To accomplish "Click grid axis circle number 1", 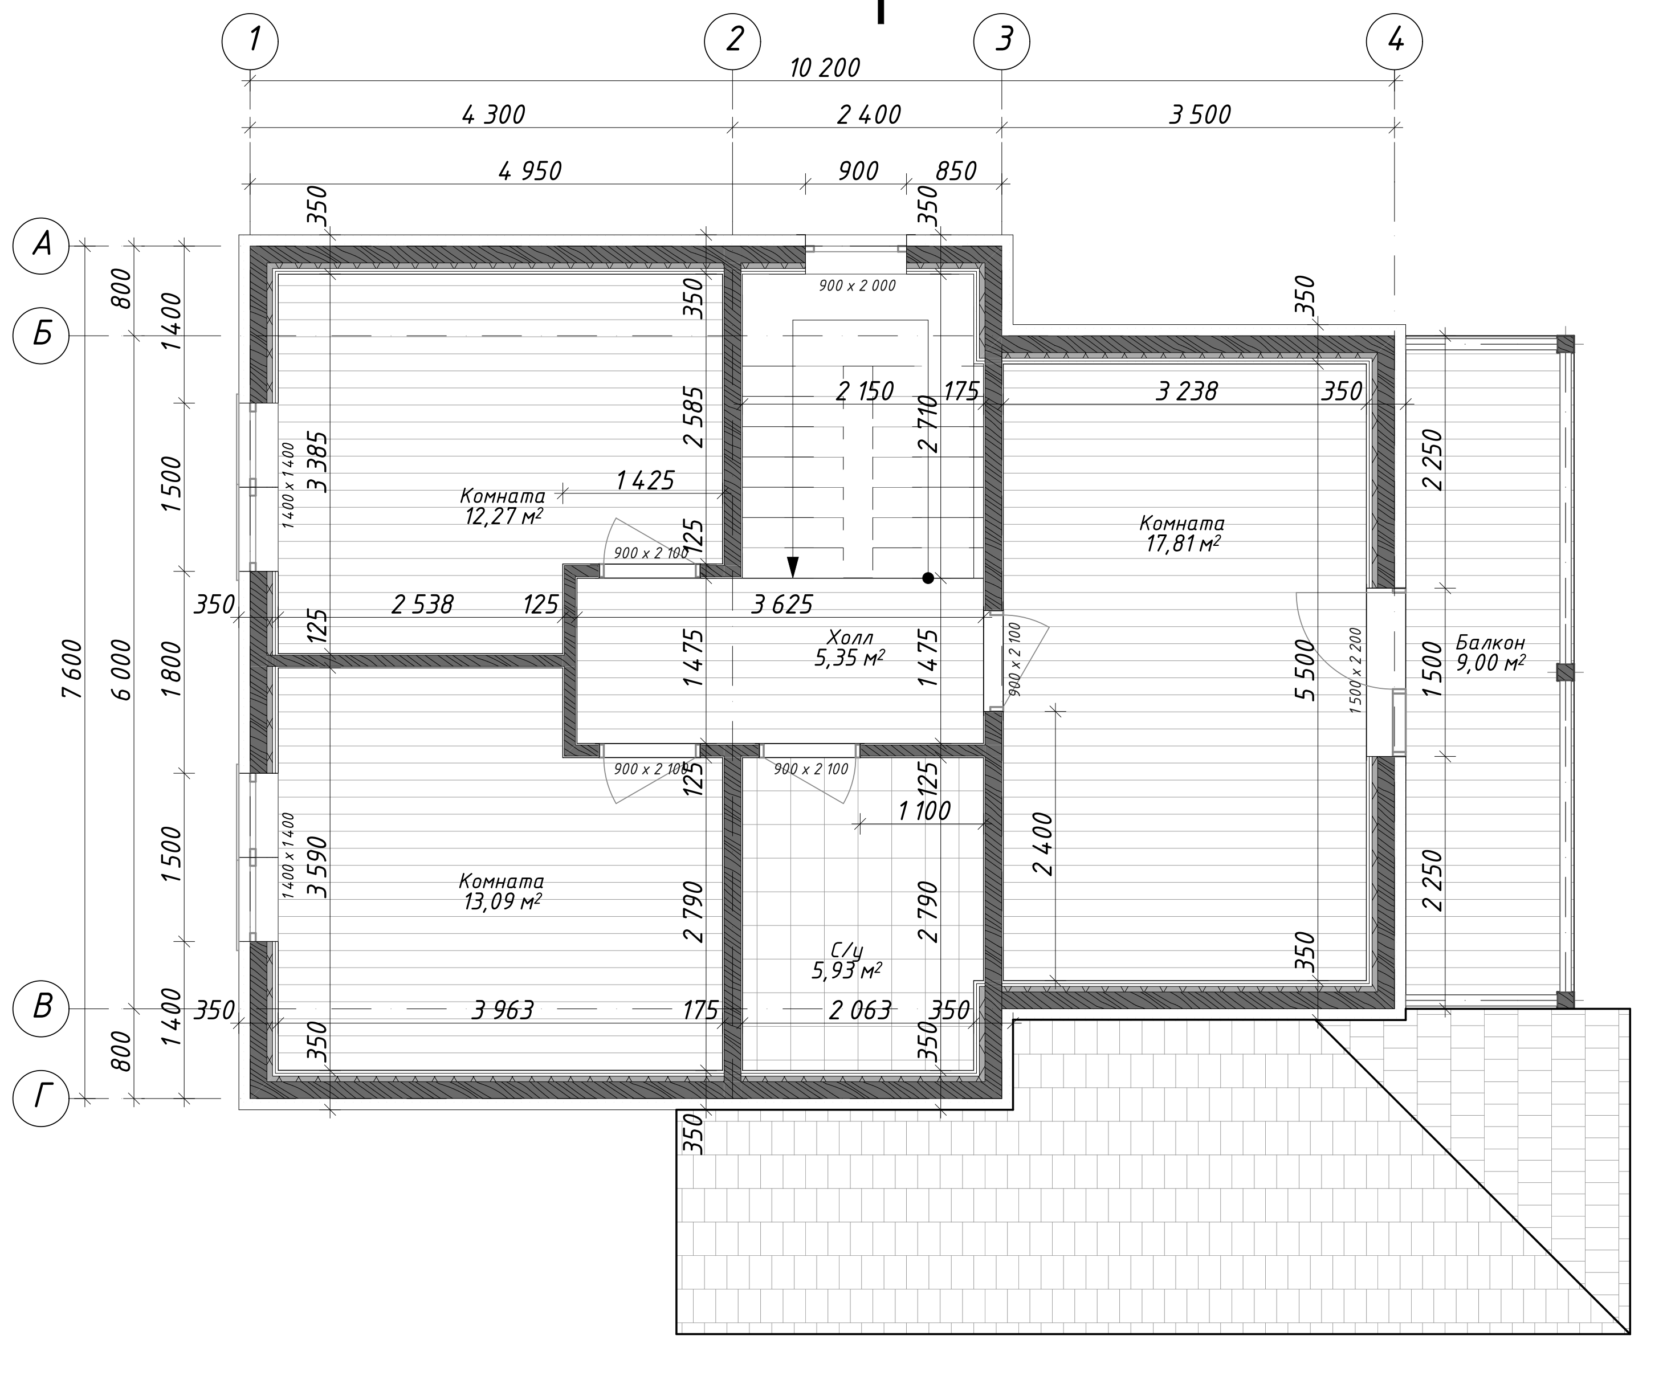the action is coord(250,40).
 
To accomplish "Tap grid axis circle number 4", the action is coord(1395,40).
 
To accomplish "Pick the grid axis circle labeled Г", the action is coord(41,1099).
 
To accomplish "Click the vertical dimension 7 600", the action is coord(72,669).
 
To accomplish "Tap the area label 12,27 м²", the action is coord(504,517).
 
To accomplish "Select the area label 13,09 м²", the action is coord(503,903).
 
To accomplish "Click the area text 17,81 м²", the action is coord(1182,544).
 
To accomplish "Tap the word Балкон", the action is coord(1491,643).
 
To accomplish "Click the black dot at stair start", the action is coord(928,578).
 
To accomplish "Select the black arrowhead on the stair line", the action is coord(792,566).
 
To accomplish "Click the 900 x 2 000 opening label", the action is coord(857,285).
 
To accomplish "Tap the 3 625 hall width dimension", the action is coord(782,605).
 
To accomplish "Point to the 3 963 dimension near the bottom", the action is coord(503,1010).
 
